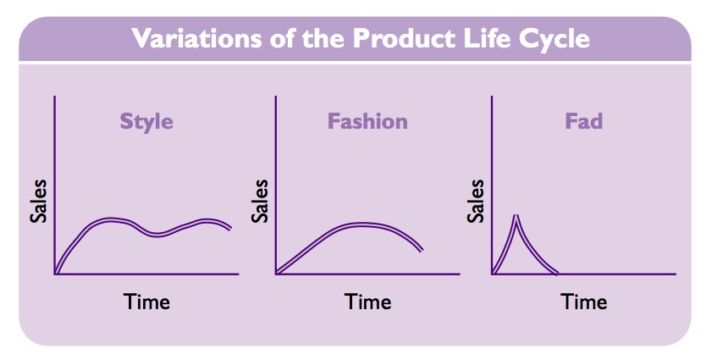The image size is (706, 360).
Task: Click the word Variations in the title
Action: (x=196, y=38)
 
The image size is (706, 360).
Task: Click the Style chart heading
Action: (x=146, y=122)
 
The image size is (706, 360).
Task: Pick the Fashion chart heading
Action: (x=367, y=121)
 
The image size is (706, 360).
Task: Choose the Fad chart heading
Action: (x=583, y=121)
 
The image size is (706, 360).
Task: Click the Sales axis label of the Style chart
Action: (x=38, y=201)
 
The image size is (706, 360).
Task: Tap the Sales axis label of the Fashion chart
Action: (x=260, y=201)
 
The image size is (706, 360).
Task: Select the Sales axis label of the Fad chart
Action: (x=476, y=201)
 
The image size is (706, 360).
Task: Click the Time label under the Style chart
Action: (x=146, y=302)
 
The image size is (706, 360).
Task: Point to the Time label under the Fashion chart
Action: (x=368, y=302)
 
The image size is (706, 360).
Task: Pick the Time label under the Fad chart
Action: (x=584, y=302)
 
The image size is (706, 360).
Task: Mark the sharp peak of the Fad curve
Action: (x=516, y=216)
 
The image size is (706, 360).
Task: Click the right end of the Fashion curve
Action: (x=422, y=250)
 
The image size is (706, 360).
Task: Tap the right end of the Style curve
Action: (x=231, y=228)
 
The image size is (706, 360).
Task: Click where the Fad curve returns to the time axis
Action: (x=557, y=273)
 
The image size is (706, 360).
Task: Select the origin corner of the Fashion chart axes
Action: (x=276, y=274)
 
